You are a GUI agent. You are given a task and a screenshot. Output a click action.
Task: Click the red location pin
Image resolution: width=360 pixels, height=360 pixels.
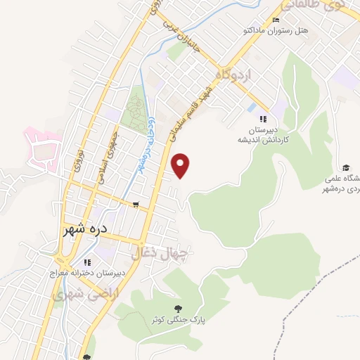[x=182, y=165]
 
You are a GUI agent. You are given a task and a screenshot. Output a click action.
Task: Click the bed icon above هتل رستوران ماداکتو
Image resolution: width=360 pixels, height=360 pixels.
[x=276, y=20]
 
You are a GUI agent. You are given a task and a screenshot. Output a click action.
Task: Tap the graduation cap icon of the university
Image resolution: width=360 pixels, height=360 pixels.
[x=346, y=167]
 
